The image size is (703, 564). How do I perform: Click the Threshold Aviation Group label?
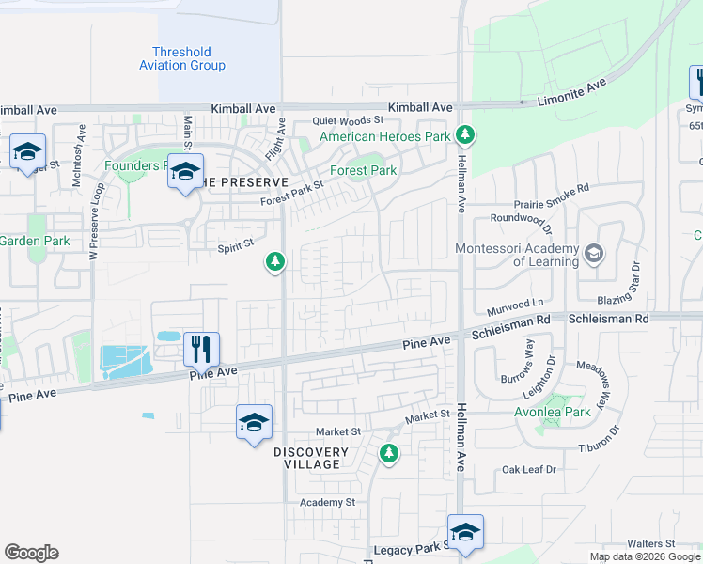[x=182, y=59]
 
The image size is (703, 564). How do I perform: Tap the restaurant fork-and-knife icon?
[x=202, y=350]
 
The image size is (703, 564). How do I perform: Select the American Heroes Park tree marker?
[x=462, y=134]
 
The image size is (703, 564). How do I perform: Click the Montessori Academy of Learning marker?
[x=594, y=253]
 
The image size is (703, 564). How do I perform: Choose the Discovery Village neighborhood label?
[x=311, y=458]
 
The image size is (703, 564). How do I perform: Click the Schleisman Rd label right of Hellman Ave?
[x=609, y=320]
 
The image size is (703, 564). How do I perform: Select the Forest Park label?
[x=363, y=170]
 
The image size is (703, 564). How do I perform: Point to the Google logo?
[x=31, y=553]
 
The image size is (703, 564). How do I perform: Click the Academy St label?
[x=327, y=502]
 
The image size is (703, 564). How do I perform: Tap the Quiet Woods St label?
[x=349, y=120]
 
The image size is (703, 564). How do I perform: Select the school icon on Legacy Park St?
[x=465, y=531]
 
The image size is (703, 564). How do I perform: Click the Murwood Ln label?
[x=516, y=305]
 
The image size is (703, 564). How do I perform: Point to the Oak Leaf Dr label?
[x=529, y=469]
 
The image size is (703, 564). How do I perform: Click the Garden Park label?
[x=35, y=241]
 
